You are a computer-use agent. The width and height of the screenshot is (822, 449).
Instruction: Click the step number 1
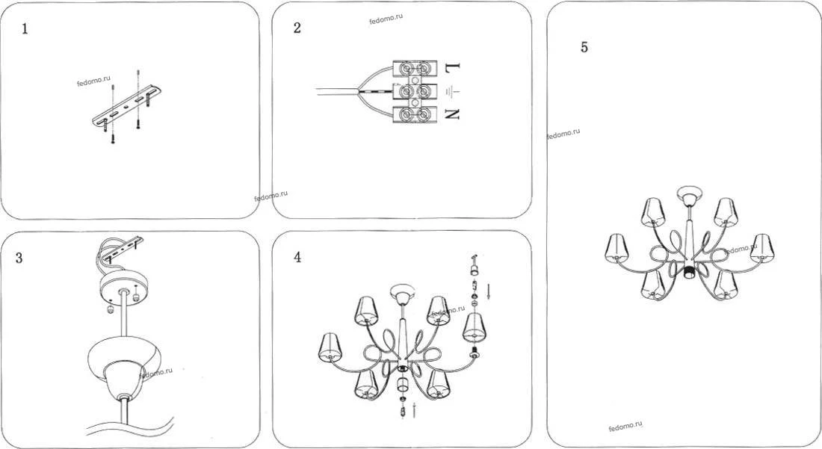coord(25,29)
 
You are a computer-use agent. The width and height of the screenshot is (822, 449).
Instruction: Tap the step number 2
coord(297,28)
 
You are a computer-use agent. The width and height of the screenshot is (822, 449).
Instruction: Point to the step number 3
coord(19,258)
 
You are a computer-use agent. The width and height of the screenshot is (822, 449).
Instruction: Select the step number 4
coord(297,257)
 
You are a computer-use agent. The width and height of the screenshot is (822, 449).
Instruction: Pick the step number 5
coord(584,47)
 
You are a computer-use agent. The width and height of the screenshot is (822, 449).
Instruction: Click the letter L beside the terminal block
coord(452,67)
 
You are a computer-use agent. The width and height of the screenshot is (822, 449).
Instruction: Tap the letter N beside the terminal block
coord(452,114)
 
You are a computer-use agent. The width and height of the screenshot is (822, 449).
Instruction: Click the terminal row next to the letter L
coord(415,69)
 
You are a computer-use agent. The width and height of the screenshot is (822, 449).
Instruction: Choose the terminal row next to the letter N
coord(415,114)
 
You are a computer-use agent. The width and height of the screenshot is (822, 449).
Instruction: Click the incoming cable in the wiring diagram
coord(337,92)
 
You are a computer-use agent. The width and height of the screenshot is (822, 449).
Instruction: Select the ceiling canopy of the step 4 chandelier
coord(402,293)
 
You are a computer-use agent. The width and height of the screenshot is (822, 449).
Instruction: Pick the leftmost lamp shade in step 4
coord(330,347)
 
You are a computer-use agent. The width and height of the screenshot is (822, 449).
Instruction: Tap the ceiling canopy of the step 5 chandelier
coord(687,195)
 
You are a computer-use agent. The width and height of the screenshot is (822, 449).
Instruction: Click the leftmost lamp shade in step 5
coord(616,248)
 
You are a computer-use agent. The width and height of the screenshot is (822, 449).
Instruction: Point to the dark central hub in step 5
coord(687,272)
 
